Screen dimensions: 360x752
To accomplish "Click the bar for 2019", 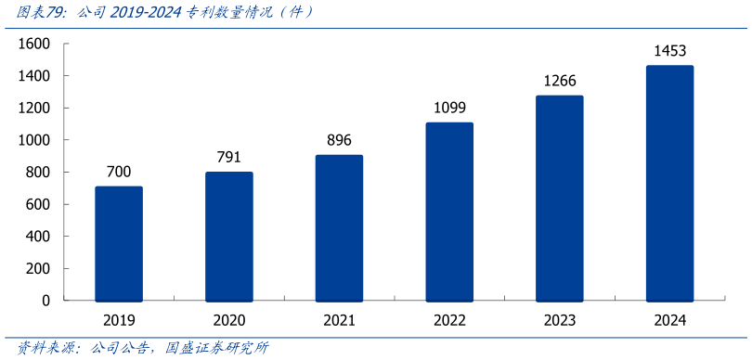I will [119, 244].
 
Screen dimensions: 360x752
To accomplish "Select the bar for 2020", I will [229, 237].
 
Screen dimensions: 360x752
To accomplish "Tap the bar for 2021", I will [339, 228].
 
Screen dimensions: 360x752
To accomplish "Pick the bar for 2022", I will [449, 212].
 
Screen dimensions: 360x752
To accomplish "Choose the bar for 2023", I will [560, 199].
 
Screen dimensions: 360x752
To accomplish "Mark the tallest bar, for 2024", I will [669, 184].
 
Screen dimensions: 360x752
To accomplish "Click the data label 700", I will [119, 172].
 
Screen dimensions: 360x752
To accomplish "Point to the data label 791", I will [229, 157].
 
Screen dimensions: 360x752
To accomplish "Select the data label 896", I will [339, 140].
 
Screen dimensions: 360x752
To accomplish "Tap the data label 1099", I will [449, 108].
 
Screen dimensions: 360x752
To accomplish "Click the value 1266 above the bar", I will [560, 81].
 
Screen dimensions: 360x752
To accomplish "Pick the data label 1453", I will [669, 51].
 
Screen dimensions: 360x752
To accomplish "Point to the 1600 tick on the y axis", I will [33, 44].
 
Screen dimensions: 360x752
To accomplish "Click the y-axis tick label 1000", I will [33, 140].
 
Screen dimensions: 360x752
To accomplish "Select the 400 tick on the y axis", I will [37, 237].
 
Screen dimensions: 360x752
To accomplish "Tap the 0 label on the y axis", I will [45, 301].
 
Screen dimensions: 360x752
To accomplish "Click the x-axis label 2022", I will [449, 320].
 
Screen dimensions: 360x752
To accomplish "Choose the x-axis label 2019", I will [119, 320].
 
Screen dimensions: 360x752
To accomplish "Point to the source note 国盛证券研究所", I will [216, 349].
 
